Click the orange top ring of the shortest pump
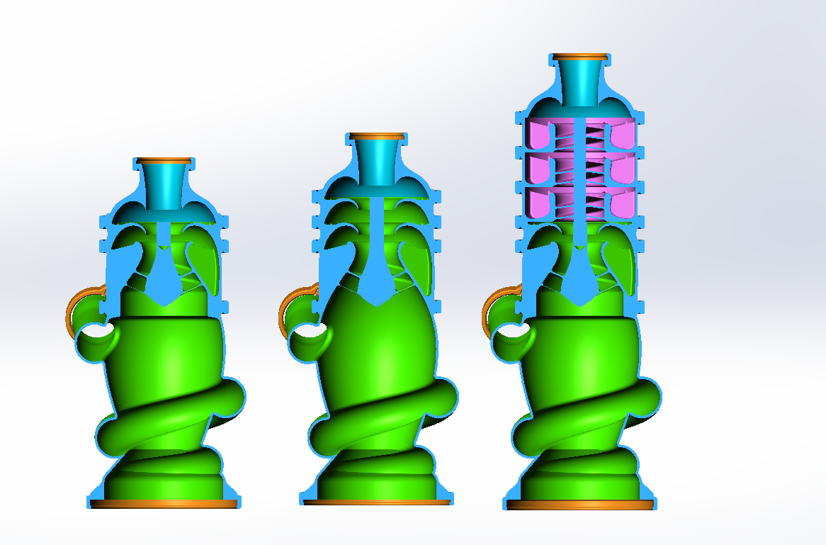point(164,160)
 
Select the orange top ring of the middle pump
point(376,135)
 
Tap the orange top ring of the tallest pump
point(581,56)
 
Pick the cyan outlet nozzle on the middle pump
point(376,160)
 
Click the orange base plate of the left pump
point(164,503)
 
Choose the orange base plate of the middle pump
point(376,502)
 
